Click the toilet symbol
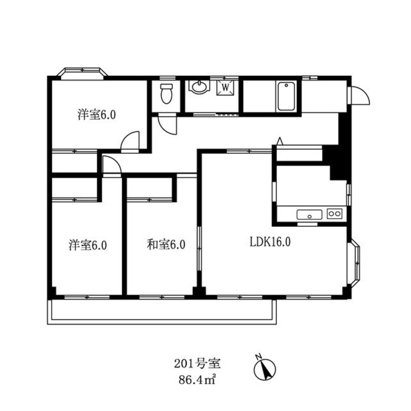coord(167,94)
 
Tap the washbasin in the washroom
coord(199,86)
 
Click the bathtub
coord(286,96)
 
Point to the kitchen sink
coord(309,215)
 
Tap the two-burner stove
coord(335,214)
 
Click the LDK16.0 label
coord(270,242)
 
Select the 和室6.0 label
coord(166,245)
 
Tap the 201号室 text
coord(197,364)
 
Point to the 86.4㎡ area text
coord(197,379)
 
